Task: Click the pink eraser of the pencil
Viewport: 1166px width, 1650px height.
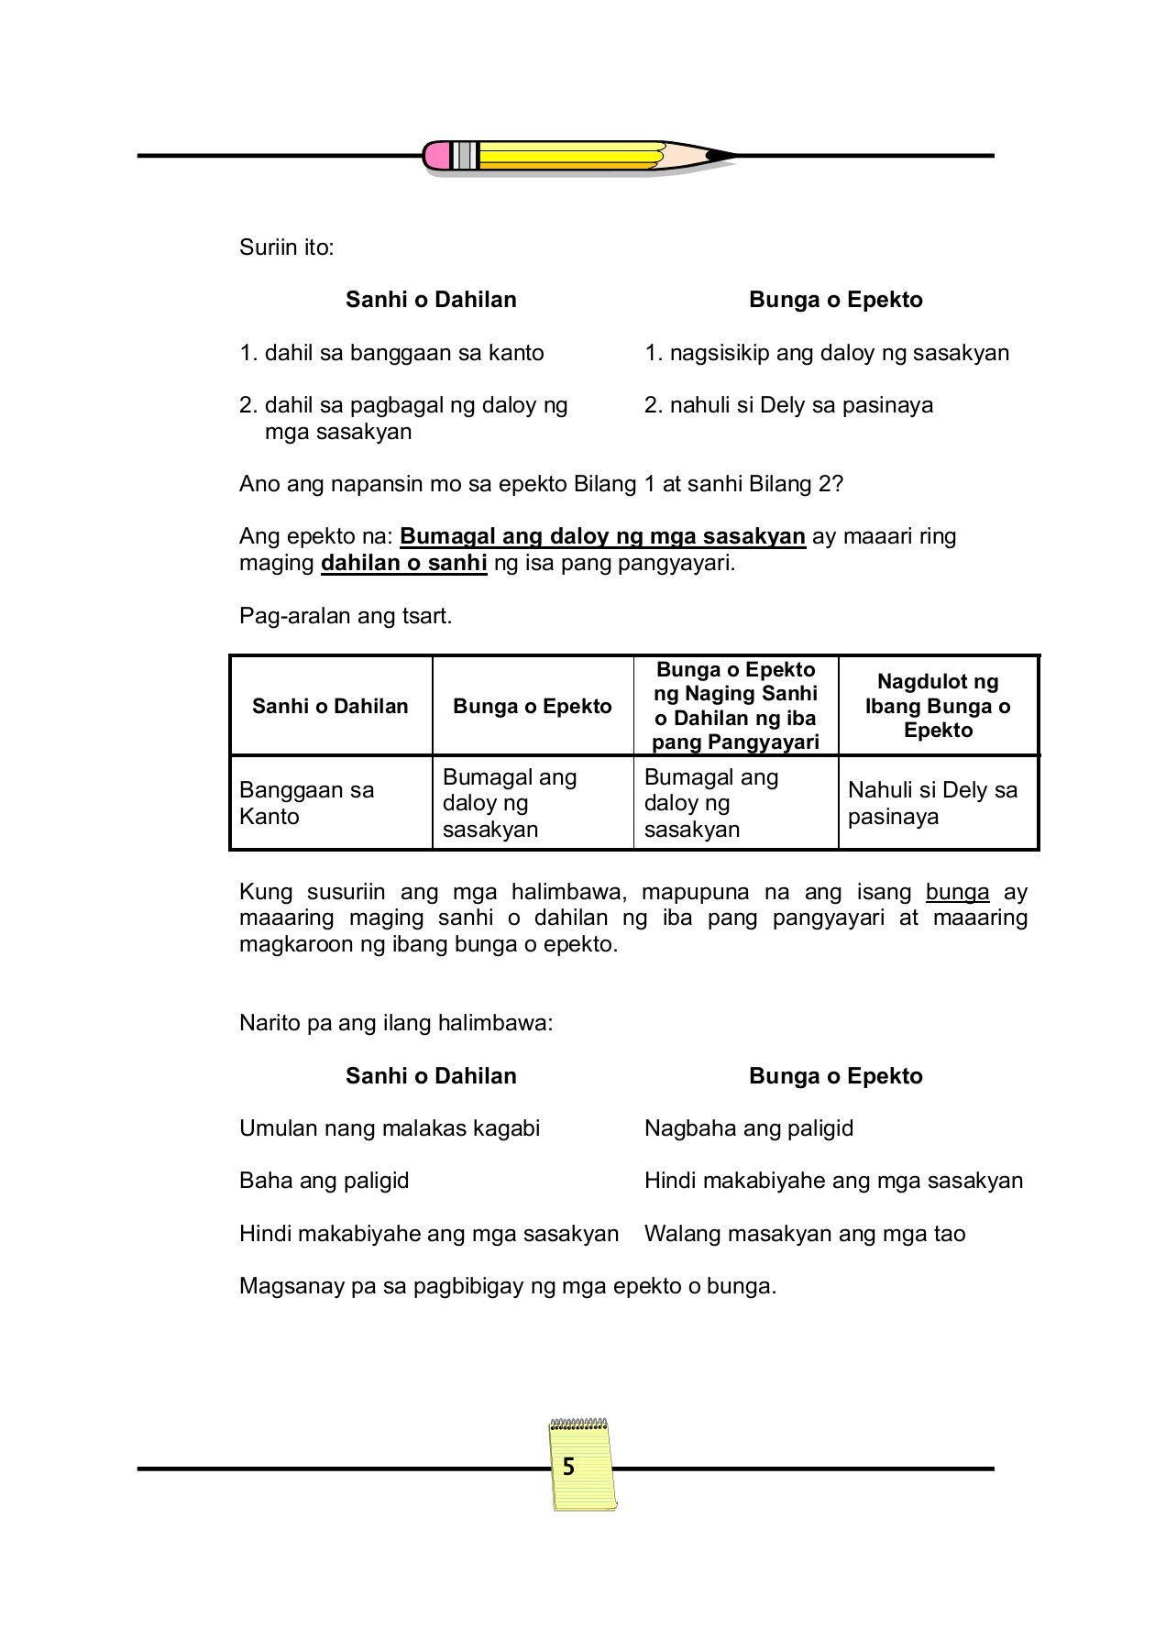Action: coord(437,155)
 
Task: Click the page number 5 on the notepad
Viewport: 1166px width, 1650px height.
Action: coord(568,1468)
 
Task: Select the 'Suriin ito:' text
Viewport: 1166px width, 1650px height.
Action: coord(287,247)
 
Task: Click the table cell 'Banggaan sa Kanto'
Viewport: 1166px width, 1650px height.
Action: coord(307,803)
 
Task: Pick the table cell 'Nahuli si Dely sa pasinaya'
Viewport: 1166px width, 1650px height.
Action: coord(932,803)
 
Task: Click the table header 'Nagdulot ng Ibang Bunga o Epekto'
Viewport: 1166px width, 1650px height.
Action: coord(938,706)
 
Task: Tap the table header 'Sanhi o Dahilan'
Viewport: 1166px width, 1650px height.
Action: coord(330,706)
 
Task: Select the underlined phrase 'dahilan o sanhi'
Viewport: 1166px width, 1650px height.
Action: coord(403,563)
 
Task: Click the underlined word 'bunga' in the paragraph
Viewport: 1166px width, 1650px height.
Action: coord(957,892)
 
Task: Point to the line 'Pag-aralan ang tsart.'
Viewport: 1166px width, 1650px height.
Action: coord(346,616)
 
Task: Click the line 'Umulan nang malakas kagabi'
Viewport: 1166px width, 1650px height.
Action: coord(390,1128)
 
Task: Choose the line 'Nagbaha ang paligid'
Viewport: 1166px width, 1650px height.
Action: coord(749,1128)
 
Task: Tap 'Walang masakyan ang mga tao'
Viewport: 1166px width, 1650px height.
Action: coord(805,1234)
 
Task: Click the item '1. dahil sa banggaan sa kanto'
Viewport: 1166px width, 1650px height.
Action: coord(391,353)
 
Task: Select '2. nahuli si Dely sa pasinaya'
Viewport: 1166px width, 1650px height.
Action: coord(788,405)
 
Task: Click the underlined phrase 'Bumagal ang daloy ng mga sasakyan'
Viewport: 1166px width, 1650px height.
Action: coord(602,536)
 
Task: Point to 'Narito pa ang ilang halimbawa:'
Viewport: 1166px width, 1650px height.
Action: coord(396,1023)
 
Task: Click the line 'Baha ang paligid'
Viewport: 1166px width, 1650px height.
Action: coord(324,1181)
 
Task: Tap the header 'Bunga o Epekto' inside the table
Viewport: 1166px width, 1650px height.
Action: coord(532,706)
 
